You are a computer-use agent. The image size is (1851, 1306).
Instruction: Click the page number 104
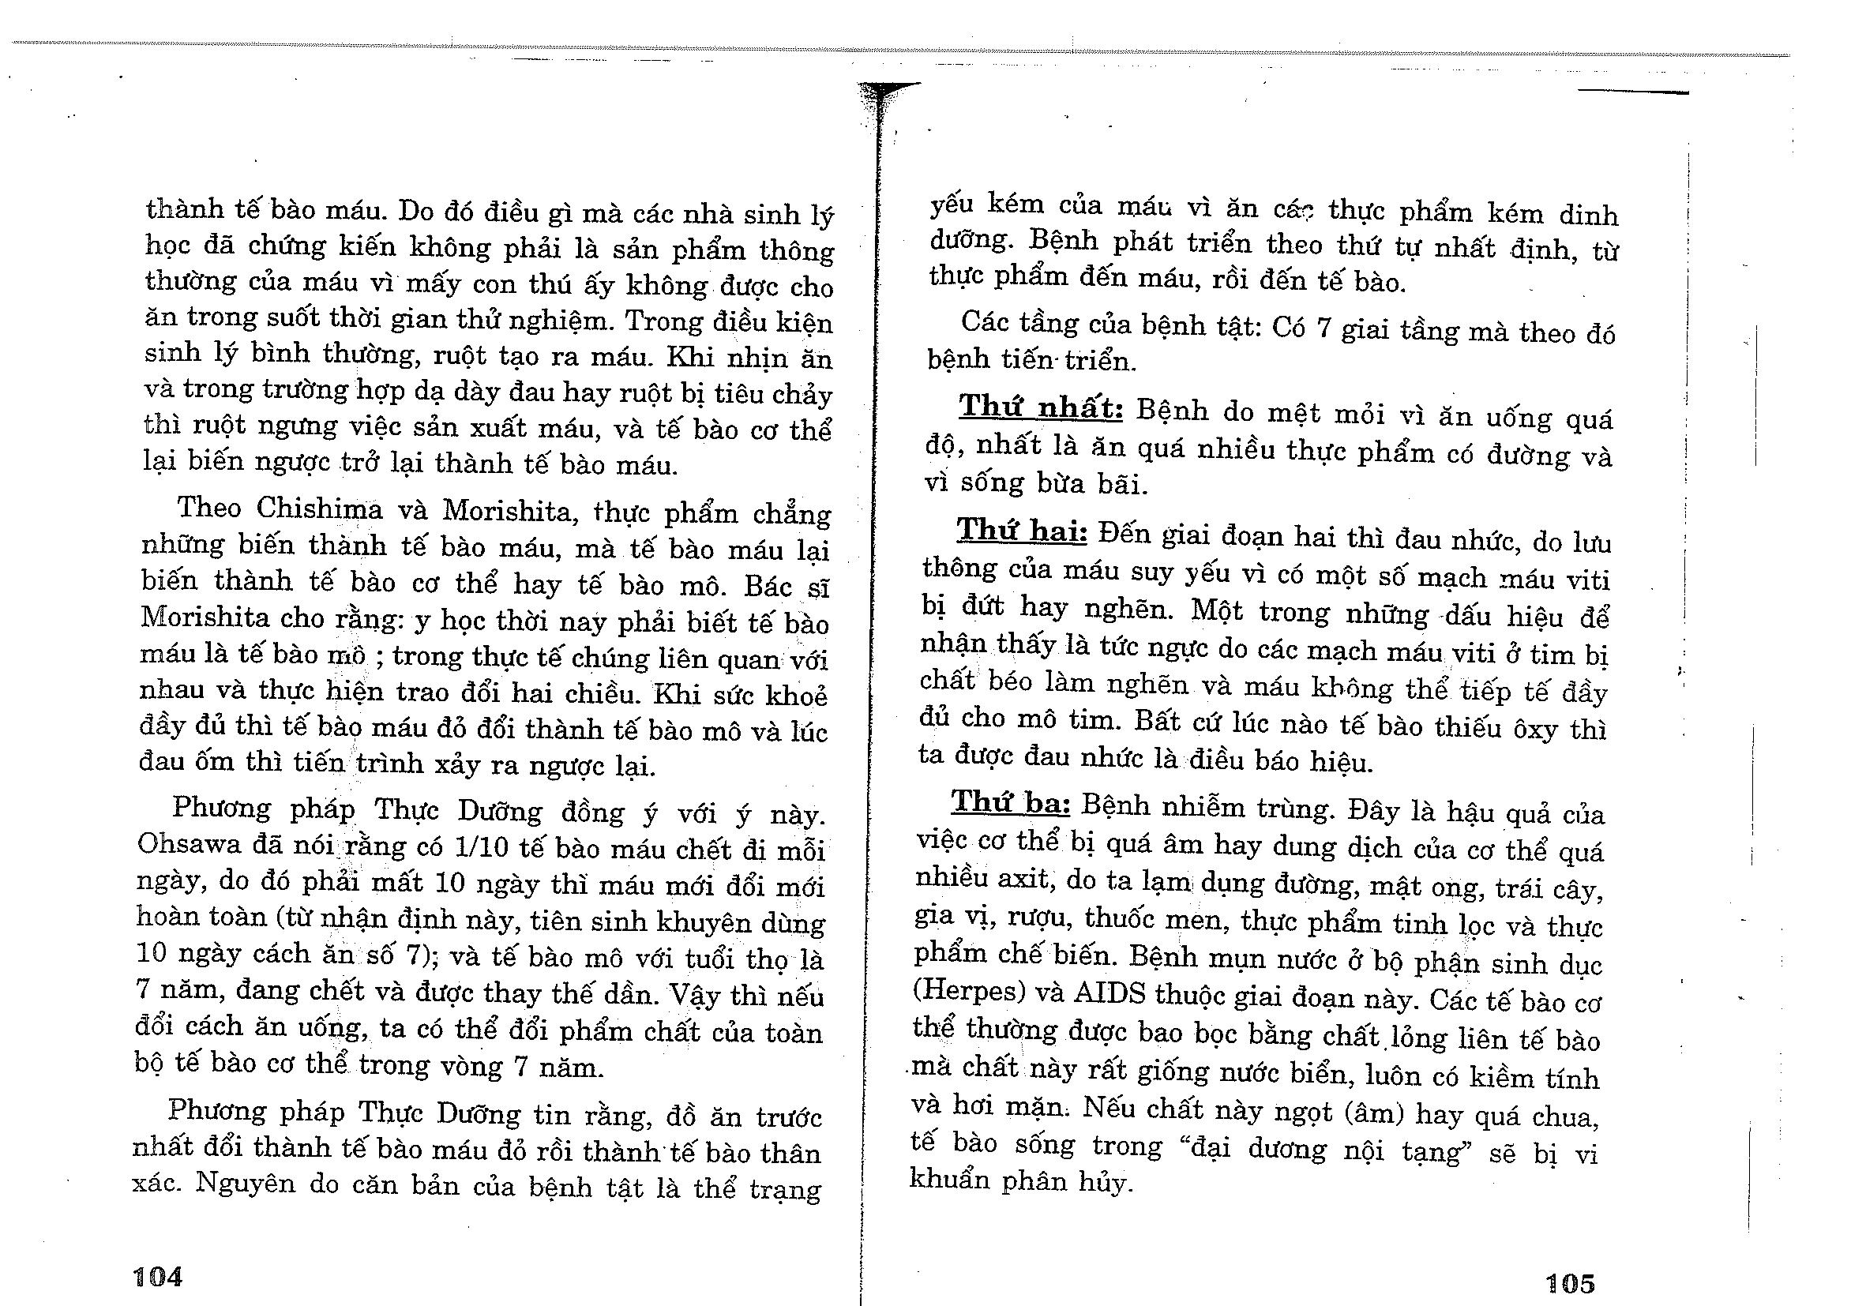point(158,1275)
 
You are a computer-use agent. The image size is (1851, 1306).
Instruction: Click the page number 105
point(1570,1282)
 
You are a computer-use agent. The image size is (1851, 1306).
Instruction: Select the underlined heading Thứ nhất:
point(1041,408)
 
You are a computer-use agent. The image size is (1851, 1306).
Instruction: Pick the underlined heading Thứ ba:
point(1011,802)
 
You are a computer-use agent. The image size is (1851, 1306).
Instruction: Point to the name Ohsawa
point(178,844)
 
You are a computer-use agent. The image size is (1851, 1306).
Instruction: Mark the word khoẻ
point(796,695)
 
